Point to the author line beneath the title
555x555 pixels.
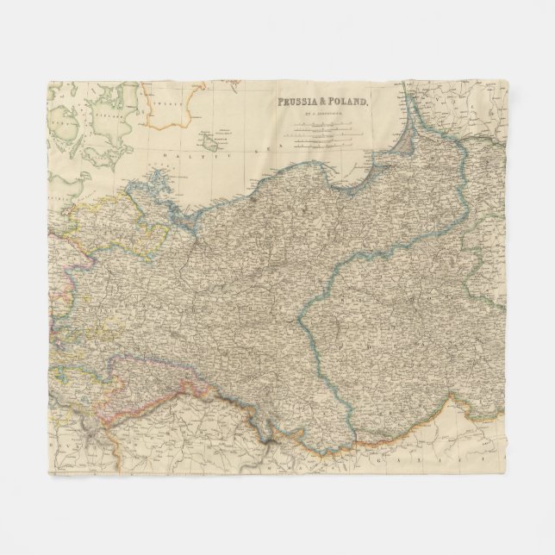[x=321, y=112]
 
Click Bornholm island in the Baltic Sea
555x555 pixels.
[x=209, y=139]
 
